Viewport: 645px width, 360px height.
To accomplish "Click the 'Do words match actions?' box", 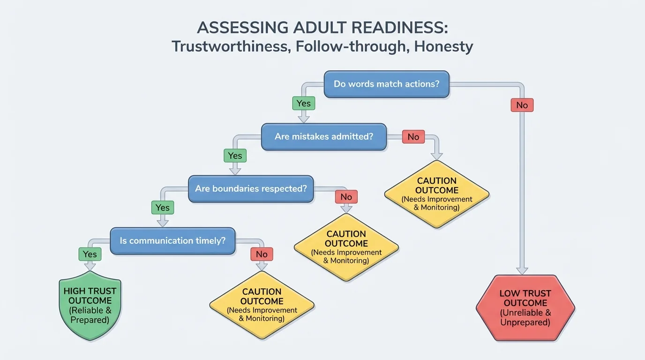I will pos(387,84).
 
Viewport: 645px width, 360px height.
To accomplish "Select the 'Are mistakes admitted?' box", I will pos(324,137).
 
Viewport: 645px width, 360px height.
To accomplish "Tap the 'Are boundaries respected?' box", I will pos(251,189).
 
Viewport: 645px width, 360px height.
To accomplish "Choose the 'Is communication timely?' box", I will pos(172,241).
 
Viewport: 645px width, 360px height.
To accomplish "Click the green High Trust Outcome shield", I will pos(90,305).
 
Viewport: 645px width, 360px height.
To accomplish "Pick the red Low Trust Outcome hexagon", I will pos(525,307).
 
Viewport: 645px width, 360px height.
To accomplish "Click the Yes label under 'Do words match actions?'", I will pos(304,103).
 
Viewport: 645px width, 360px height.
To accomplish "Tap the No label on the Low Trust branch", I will pos(522,105).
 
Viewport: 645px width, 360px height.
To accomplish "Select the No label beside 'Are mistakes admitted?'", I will pos(413,137).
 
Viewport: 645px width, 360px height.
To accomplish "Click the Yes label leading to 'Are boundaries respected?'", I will pos(235,156).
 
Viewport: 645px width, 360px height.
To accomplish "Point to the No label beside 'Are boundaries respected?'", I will pos(346,197).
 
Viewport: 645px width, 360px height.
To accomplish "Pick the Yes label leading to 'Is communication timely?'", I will pos(162,207).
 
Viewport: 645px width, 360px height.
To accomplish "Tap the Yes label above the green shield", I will pos(90,255).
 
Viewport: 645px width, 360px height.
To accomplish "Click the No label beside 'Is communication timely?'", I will pos(262,255).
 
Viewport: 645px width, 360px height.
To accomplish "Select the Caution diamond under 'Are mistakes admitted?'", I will pos(437,194).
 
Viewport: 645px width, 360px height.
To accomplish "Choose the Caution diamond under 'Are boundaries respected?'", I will pos(346,247).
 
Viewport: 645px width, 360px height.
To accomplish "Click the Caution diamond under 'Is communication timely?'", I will pos(262,305).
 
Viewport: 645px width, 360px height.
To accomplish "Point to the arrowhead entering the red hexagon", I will pos(522,270).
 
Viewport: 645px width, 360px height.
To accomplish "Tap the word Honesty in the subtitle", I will pos(443,46).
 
